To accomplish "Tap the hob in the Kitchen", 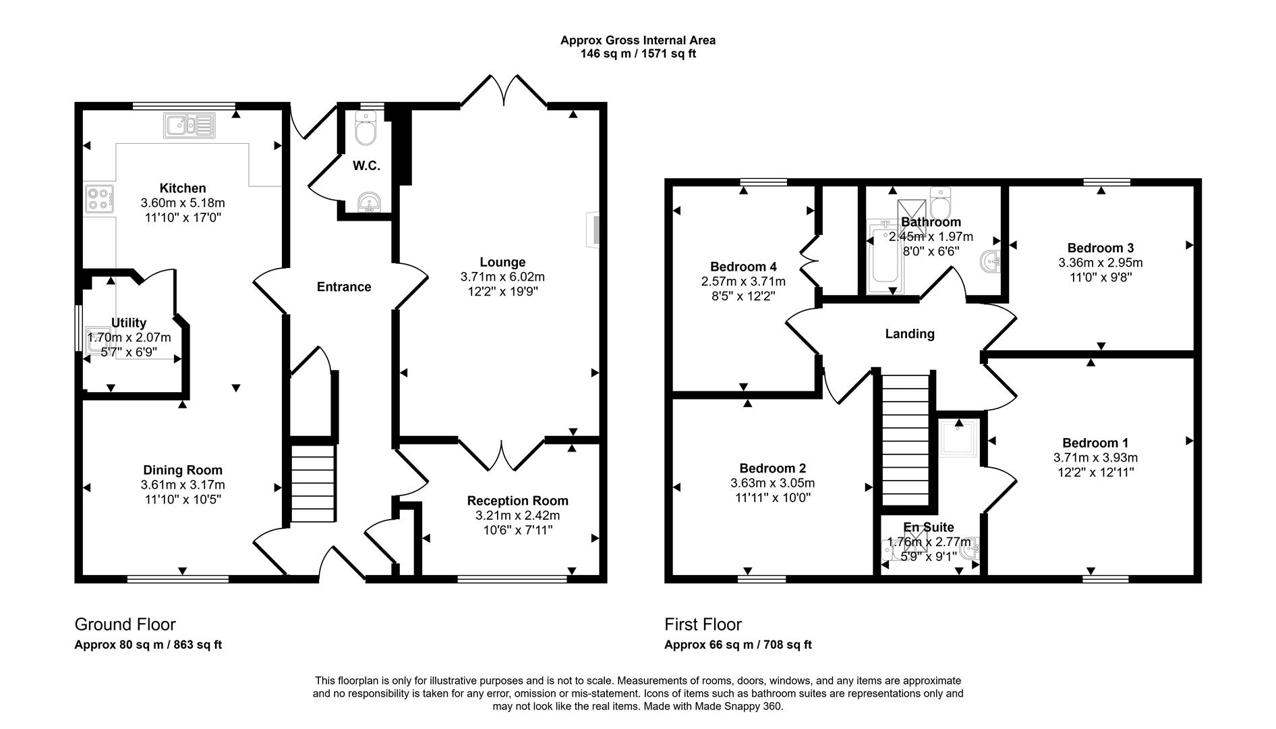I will point(98,198).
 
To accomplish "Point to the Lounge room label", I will point(502,262).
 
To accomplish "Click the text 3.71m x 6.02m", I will point(502,277).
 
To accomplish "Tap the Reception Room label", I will point(517,500).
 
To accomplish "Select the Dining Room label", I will point(182,470).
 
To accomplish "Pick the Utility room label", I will point(129,323).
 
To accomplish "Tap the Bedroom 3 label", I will point(1100,248).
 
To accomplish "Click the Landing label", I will point(909,333).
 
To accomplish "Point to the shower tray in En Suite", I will point(959,437).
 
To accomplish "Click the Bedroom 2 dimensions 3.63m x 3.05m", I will point(772,483).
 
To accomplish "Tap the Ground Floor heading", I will point(125,624).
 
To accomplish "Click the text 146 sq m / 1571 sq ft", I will point(637,54).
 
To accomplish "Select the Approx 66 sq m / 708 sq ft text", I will point(738,645).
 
